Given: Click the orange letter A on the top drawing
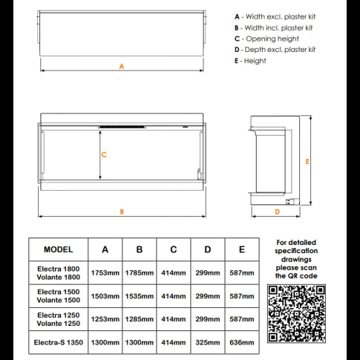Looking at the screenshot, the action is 121,67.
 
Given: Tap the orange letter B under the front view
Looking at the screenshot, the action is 121,212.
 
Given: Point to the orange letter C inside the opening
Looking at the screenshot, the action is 104,155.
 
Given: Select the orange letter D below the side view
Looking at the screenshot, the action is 276,212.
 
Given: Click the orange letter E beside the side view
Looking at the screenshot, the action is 307,160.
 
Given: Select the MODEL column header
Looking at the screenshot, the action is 58,250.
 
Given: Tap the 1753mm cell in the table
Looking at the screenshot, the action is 105,272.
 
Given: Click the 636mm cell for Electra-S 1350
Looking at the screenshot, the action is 241,343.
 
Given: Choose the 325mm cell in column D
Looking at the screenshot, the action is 208,343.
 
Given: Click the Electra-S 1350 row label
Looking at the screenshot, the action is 58,343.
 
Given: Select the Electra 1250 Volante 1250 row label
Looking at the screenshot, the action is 58,319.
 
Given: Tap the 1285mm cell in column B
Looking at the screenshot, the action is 139,319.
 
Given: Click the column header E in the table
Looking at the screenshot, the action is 241,250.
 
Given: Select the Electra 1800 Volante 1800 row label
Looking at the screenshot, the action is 58,272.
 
